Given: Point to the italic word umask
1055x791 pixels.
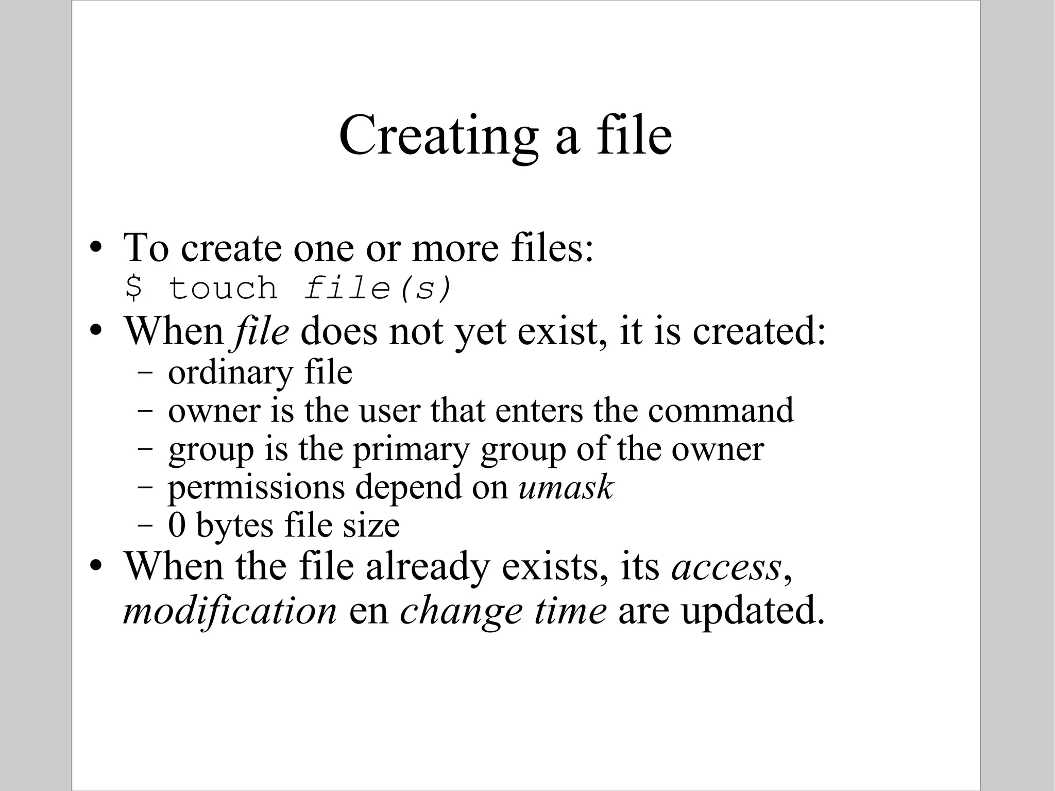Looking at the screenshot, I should coord(566,487).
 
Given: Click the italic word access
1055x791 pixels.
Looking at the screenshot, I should coord(726,567).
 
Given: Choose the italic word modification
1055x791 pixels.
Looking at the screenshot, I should coord(230,611).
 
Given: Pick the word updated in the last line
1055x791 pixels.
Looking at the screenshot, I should coord(753,611).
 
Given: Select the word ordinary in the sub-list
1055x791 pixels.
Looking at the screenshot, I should coord(230,373).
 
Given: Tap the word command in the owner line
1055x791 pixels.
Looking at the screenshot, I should coord(721,411).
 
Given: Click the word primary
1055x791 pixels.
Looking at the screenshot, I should coord(411,449).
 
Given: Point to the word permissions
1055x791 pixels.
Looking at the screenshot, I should coord(256,487).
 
